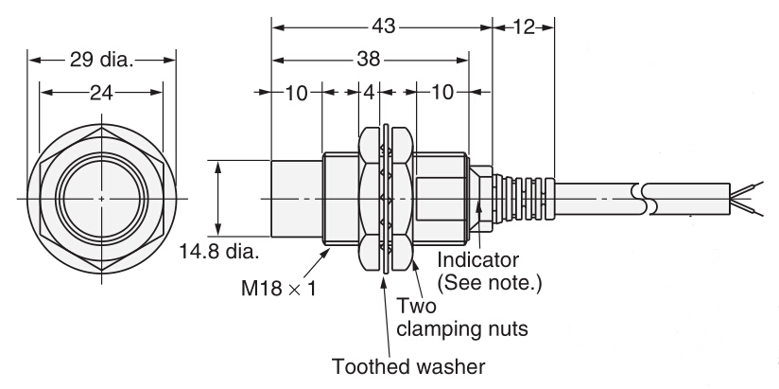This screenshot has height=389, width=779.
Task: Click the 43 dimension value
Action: pos(381,27)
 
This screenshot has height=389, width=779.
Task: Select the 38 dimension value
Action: pos(370,59)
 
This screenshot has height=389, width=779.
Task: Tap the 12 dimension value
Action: pos(524,27)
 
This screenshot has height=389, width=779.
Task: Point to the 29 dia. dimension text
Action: pos(101,61)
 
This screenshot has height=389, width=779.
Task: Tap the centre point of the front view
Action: pos(101,199)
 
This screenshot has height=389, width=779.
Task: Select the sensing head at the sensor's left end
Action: pos(296,200)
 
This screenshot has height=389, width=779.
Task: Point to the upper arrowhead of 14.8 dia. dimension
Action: pos(219,166)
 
